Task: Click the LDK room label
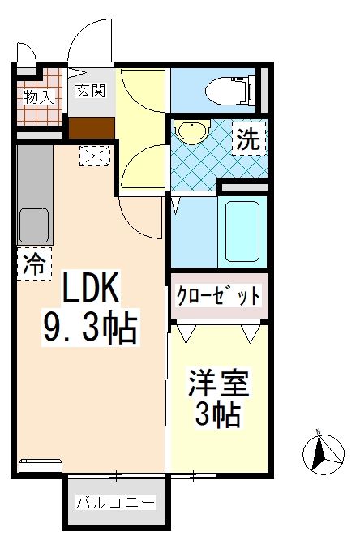(90, 289)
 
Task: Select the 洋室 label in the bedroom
(217, 382)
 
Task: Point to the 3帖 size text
(217, 414)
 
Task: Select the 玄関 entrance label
(90, 90)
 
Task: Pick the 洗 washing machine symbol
(249, 139)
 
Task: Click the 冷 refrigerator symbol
(34, 264)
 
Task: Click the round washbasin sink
(192, 132)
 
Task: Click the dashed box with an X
(95, 155)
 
